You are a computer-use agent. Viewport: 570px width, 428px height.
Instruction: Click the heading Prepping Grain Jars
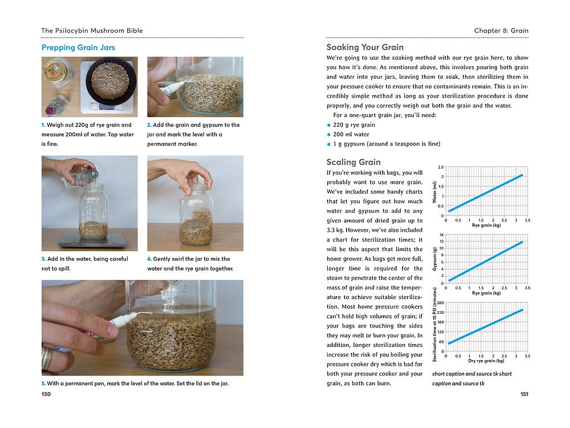[78, 47]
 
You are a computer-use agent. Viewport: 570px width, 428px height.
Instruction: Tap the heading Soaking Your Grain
[365, 47]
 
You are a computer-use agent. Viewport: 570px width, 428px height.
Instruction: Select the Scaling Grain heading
[353, 162]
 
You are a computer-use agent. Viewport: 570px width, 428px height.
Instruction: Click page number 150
[46, 394]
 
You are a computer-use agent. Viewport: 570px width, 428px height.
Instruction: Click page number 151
[524, 394]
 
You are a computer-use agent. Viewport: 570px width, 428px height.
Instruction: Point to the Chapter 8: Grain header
[501, 30]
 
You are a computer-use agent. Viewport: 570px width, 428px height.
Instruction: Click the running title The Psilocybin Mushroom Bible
[92, 30]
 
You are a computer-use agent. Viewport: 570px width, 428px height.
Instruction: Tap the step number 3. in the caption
[44, 259]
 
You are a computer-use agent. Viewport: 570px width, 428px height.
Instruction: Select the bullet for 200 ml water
[329, 135]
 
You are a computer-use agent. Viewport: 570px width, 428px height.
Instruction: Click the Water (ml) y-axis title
[434, 192]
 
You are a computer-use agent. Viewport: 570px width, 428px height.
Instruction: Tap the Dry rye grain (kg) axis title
[486, 361]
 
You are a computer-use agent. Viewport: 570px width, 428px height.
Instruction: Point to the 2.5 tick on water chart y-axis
[440, 167]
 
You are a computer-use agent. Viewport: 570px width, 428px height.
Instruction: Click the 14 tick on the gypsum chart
[441, 235]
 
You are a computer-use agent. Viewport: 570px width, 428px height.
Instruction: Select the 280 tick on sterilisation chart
[440, 303]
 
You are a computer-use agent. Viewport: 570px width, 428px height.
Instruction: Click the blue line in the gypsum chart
[486, 261]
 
